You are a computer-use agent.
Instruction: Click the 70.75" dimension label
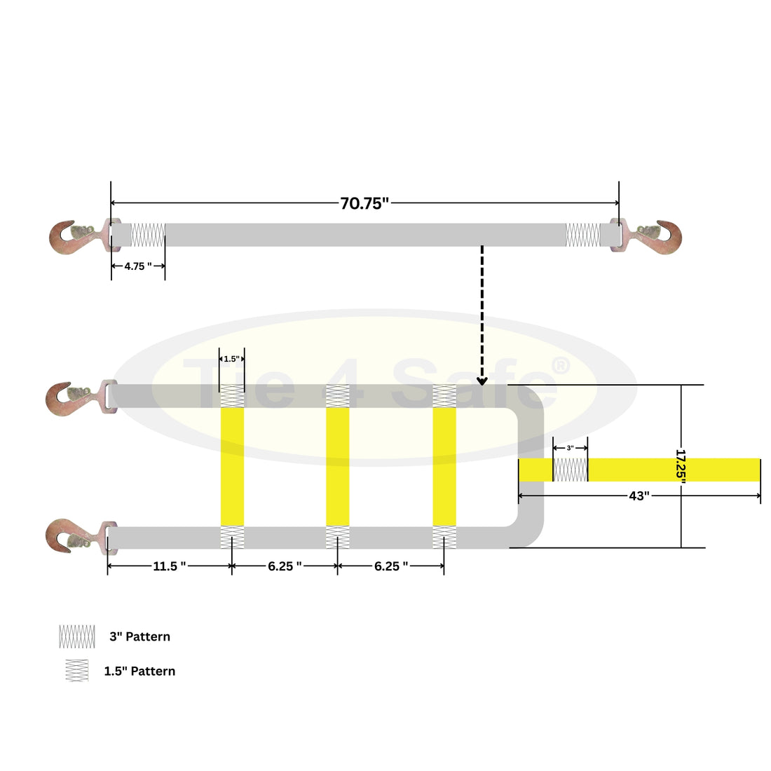[364, 203]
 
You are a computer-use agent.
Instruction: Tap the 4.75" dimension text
[138, 266]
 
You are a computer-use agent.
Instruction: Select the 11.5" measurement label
[170, 566]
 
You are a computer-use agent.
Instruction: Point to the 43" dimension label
[639, 496]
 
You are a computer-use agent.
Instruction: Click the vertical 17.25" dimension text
[681, 466]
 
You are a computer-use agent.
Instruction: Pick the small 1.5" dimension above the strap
[231, 359]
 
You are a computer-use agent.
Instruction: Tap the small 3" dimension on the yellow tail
[571, 448]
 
